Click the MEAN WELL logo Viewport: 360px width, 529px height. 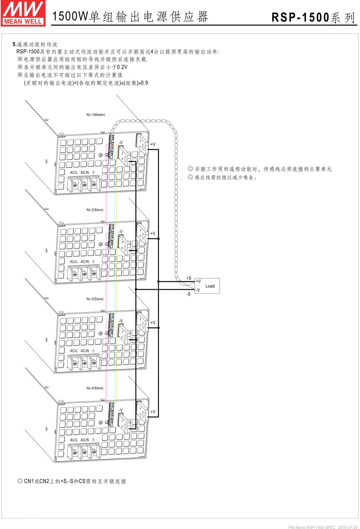[x=23, y=13]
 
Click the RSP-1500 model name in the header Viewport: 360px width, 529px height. [x=300, y=18]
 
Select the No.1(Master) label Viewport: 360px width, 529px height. [x=96, y=115]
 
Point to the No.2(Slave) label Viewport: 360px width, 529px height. [x=95, y=210]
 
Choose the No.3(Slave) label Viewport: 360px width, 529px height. [x=95, y=299]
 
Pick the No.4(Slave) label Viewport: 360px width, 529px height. [x=95, y=388]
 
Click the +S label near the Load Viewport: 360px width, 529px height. [x=189, y=278]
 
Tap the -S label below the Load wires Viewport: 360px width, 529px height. [x=188, y=294]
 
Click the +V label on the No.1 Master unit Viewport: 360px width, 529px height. [x=153, y=144]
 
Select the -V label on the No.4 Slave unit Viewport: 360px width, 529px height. [x=121, y=410]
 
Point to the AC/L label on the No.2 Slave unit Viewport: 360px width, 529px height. [x=74, y=262]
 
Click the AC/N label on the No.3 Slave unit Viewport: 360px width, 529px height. [x=85, y=351]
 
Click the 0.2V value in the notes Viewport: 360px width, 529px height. [x=122, y=67]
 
